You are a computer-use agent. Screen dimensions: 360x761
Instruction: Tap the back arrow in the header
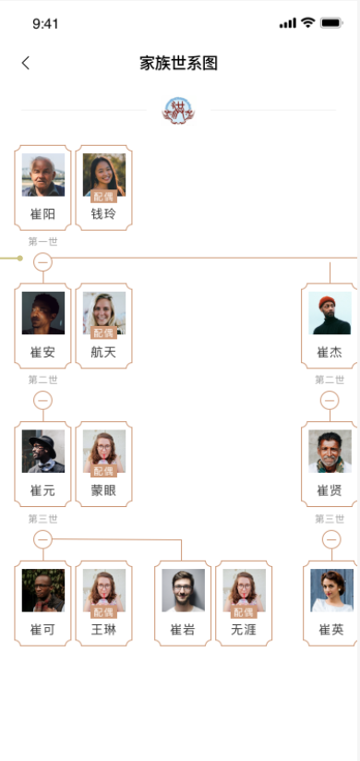coord(26,63)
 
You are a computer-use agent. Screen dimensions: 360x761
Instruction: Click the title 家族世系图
coord(179,63)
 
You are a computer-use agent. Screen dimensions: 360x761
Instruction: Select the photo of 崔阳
coord(43,175)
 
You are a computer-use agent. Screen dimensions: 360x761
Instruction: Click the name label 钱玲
coord(103,214)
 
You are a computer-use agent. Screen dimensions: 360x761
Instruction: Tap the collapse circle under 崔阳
coord(42,262)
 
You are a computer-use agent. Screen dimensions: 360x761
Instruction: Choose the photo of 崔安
coord(43,313)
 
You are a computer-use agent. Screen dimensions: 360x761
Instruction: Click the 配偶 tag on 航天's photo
coord(103,332)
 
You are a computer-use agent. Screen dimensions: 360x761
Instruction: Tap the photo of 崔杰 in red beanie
coord(330,313)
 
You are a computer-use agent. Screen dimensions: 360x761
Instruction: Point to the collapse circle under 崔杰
coord(330,400)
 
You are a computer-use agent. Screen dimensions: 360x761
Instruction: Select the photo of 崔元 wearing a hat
coord(43,452)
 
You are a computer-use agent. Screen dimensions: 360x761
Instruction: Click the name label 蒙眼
coord(103,490)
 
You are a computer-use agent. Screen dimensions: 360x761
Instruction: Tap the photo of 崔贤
coord(330,452)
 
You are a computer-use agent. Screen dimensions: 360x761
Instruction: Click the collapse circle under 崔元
coord(42,538)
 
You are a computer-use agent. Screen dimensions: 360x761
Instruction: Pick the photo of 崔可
coord(43,590)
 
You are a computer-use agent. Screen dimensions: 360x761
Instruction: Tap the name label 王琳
coord(103,630)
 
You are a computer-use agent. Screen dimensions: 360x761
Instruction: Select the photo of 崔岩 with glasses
coord(183,590)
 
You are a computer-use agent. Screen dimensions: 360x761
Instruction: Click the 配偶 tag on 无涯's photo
coord(244,611)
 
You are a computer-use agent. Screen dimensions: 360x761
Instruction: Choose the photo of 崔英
coord(331,590)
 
